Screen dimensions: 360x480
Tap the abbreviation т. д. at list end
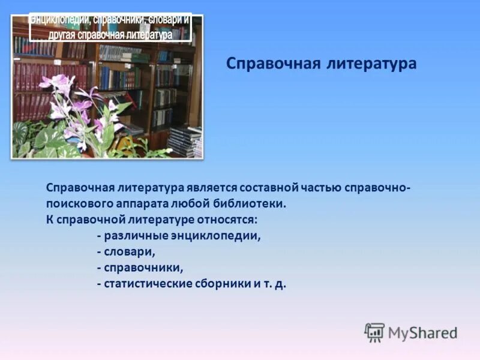(274, 284)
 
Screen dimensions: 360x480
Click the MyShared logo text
(422, 332)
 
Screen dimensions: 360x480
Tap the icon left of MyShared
(374, 332)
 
